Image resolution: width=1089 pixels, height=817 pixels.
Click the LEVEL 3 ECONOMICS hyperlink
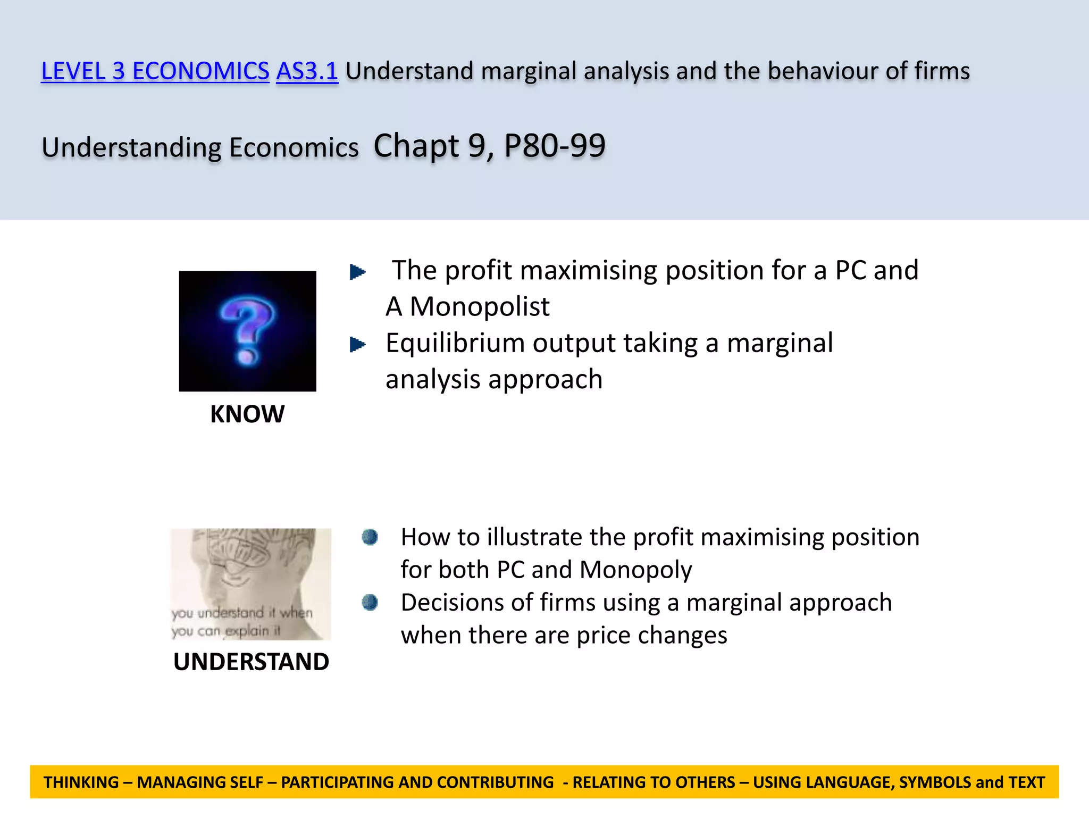click(155, 71)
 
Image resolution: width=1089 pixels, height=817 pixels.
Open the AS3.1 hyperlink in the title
click(307, 71)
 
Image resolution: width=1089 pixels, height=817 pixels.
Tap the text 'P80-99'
click(555, 146)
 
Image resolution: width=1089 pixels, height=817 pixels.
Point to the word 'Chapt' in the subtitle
click(416, 146)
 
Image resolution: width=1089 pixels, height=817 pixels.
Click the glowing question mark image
click(247, 331)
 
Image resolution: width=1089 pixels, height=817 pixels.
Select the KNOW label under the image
click(247, 414)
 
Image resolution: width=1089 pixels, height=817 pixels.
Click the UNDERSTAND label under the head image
click(251, 662)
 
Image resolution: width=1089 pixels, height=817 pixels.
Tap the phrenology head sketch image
click(250, 583)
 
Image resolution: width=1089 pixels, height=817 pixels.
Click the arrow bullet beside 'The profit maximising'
click(357, 272)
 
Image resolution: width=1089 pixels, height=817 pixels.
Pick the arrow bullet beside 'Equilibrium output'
click(357, 345)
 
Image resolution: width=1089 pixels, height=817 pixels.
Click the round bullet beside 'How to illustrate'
click(370, 537)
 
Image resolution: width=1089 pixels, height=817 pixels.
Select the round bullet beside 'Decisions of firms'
click(370, 603)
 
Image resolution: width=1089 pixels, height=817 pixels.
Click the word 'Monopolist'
click(480, 307)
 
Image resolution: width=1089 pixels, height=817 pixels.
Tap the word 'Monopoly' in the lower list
click(635, 570)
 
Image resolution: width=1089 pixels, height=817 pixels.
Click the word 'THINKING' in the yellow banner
click(81, 782)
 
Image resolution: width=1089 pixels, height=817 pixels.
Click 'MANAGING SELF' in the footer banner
click(200, 782)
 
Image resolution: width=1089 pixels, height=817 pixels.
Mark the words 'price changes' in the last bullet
click(651, 636)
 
